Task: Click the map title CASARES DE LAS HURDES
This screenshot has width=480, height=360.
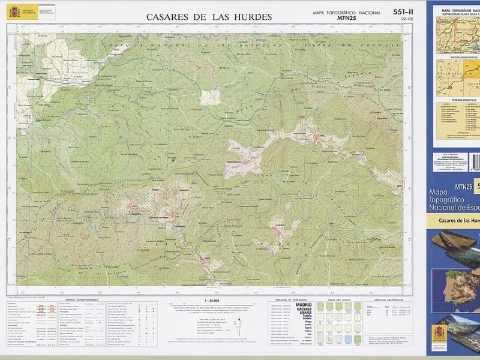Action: (209, 17)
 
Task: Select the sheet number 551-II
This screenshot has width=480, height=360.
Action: (403, 12)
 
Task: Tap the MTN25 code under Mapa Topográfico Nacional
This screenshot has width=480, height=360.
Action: (347, 19)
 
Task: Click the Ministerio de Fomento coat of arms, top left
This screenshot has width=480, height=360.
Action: (14, 11)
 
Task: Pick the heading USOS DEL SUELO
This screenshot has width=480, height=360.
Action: (338, 299)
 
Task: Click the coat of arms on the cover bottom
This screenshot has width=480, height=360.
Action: (440, 332)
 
